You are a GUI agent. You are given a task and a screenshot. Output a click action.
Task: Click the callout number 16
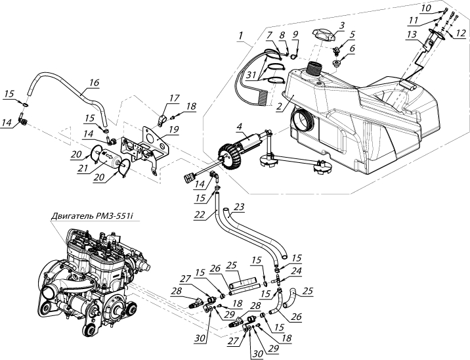94,83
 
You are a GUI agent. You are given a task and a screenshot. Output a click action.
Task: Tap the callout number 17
173,98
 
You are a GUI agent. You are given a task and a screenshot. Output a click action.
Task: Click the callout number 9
295,35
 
